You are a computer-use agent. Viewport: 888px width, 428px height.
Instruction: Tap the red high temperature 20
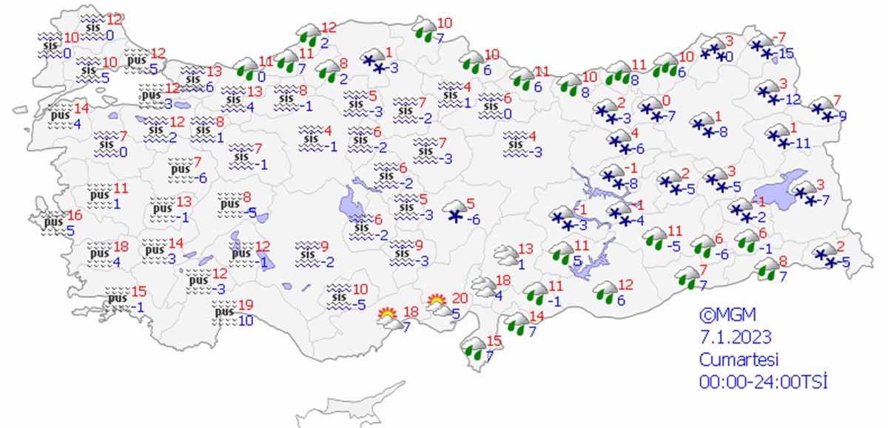(460, 298)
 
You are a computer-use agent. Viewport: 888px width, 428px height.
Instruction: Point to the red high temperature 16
(74, 215)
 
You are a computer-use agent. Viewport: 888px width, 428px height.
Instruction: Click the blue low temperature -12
(793, 100)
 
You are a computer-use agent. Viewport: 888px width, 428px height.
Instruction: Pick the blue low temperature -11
(803, 143)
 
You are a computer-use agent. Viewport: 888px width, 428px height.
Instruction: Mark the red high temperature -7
(778, 38)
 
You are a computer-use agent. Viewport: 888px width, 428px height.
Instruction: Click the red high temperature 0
(665, 101)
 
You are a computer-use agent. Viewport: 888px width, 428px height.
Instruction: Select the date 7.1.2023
(736, 337)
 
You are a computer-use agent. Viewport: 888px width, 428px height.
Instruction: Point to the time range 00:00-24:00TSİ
(762, 382)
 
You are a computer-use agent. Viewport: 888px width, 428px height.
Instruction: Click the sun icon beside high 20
(437, 302)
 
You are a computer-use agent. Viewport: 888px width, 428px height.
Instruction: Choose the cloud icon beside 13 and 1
(505, 255)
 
